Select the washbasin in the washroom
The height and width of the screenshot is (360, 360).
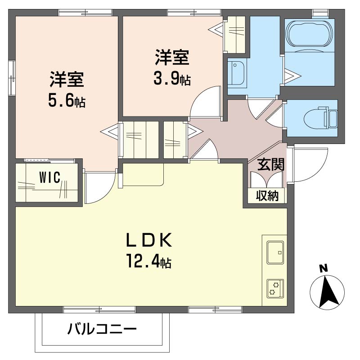coord(237,73)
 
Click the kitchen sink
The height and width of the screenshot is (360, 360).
coord(275,252)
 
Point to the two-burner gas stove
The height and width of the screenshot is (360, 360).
coord(275,288)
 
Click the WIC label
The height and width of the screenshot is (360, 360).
coord(50,177)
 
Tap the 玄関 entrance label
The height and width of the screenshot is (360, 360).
coord(271,164)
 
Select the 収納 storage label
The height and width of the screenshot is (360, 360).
coord(267,196)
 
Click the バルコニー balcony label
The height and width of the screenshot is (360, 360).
coord(102,329)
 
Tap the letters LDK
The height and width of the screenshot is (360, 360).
coord(149,240)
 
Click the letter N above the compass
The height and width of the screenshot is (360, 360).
coord(324,269)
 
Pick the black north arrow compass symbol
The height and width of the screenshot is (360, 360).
coord(327,292)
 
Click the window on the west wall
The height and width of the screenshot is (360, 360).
coord(12,77)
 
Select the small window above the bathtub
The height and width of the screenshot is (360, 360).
coord(320,13)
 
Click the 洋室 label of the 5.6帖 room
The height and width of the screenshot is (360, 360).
coord(67,80)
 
